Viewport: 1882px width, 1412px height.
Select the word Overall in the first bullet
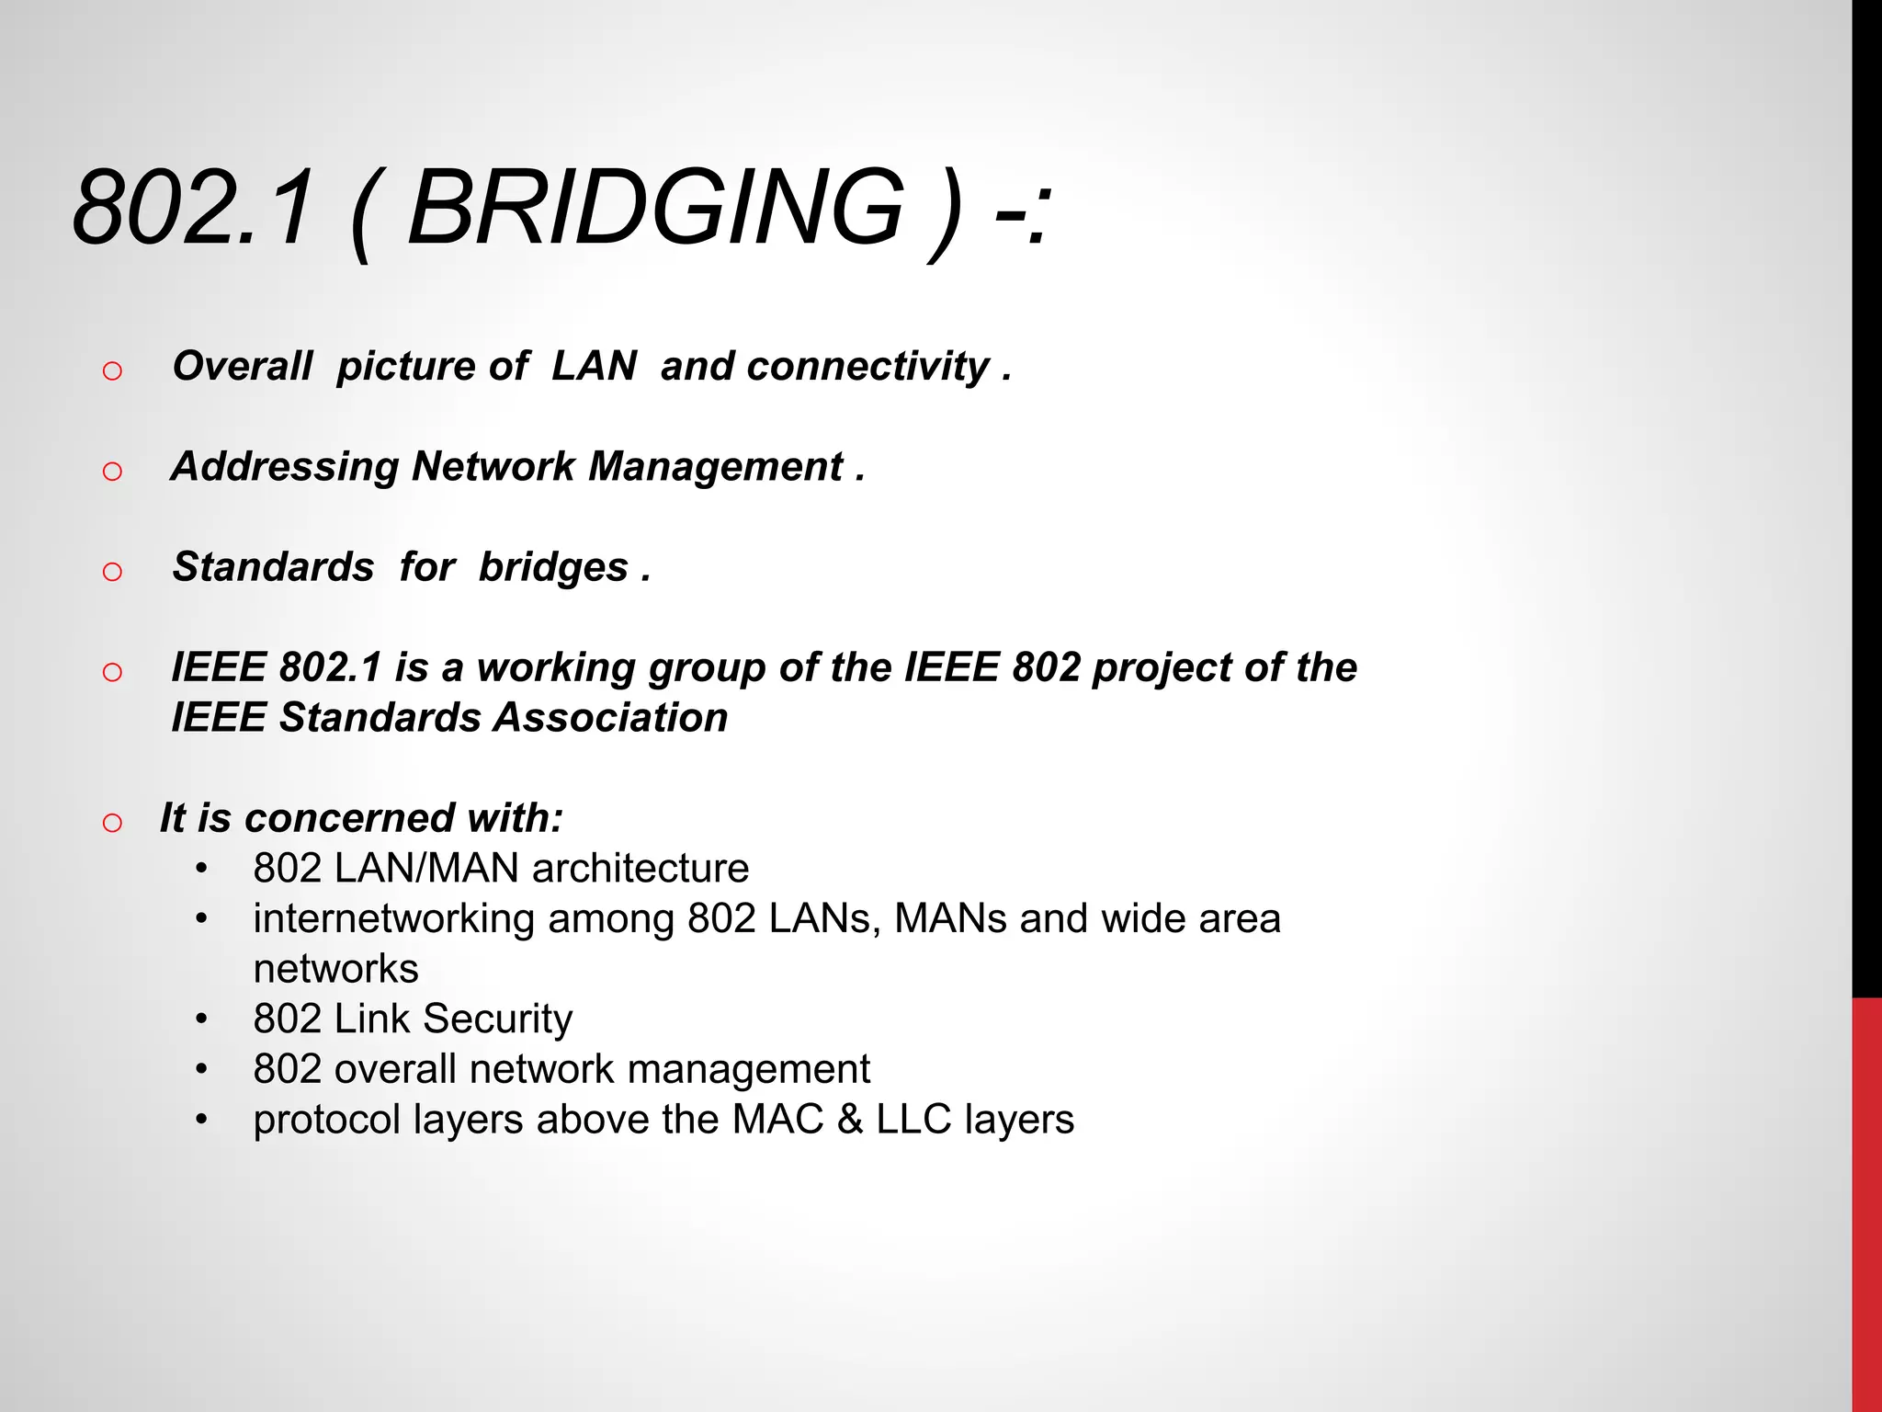pyautogui.click(x=243, y=366)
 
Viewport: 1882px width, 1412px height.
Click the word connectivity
pyautogui.click(x=824, y=366)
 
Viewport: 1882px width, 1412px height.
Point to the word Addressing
pyautogui.click(x=285, y=466)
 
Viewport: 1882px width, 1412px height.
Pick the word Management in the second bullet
pyautogui.click(x=715, y=466)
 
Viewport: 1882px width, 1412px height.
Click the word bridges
pyautogui.click(x=553, y=567)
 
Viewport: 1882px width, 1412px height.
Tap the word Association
pyautogui.click(x=610, y=717)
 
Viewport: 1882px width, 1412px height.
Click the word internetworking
pyautogui.click(x=393, y=918)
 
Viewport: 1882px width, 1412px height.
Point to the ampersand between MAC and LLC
pyautogui.click(x=850, y=1119)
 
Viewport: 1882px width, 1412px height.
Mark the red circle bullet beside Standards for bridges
pyautogui.click(x=112, y=572)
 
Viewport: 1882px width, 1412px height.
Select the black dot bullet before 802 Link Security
pyautogui.click(x=201, y=1019)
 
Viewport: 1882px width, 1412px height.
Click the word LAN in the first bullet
pyautogui.click(x=594, y=366)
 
